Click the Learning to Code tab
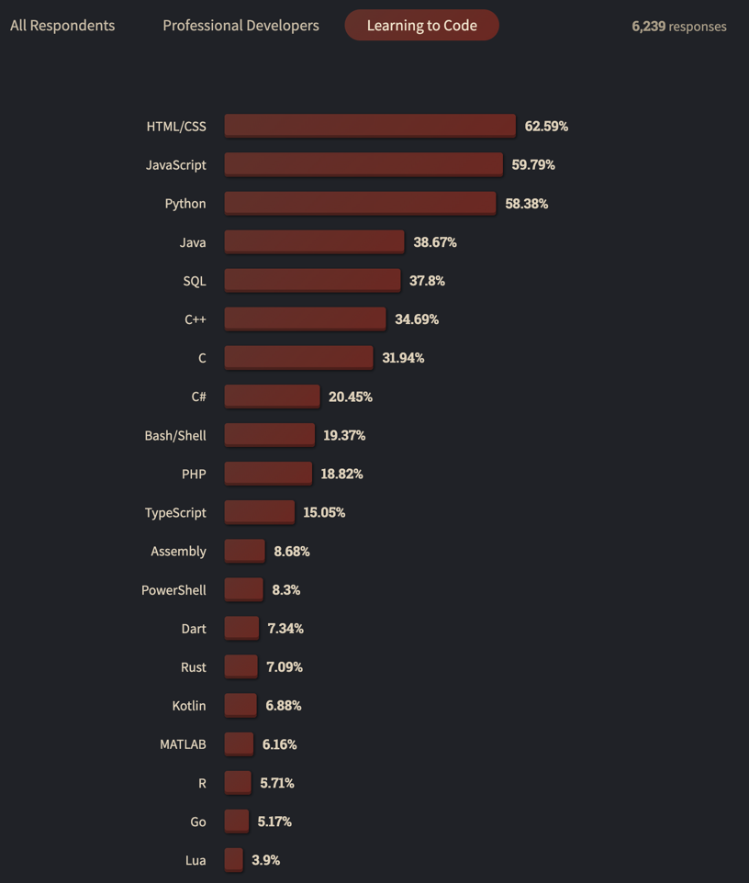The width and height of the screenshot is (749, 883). (x=421, y=26)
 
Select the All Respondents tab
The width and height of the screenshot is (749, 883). (x=62, y=26)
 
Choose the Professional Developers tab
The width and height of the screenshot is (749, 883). (x=240, y=26)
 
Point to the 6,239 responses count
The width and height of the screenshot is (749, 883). (x=678, y=27)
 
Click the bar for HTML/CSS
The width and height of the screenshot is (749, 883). (x=370, y=126)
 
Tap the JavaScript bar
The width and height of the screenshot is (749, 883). (x=363, y=164)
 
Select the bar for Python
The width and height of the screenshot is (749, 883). (x=360, y=203)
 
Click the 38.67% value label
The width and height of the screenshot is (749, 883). (x=435, y=242)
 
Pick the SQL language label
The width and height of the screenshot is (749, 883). (x=195, y=281)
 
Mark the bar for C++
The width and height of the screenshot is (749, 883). (x=305, y=319)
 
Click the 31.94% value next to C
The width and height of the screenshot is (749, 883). (x=403, y=358)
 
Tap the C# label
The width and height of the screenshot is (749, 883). (x=198, y=397)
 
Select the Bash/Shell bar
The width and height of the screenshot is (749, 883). (x=269, y=435)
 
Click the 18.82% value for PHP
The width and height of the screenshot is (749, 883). (x=341, y=474)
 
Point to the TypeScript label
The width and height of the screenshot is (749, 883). (x=175, y=512)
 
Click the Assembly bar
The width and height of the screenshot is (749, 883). (x=244, y=551)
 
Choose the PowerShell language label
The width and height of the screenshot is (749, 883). (x=173, y=590)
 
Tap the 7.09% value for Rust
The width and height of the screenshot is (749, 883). (x=285, y=667)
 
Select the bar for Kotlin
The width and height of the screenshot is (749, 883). (x=240, y=706)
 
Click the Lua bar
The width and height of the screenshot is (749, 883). (x=233, y=860)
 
